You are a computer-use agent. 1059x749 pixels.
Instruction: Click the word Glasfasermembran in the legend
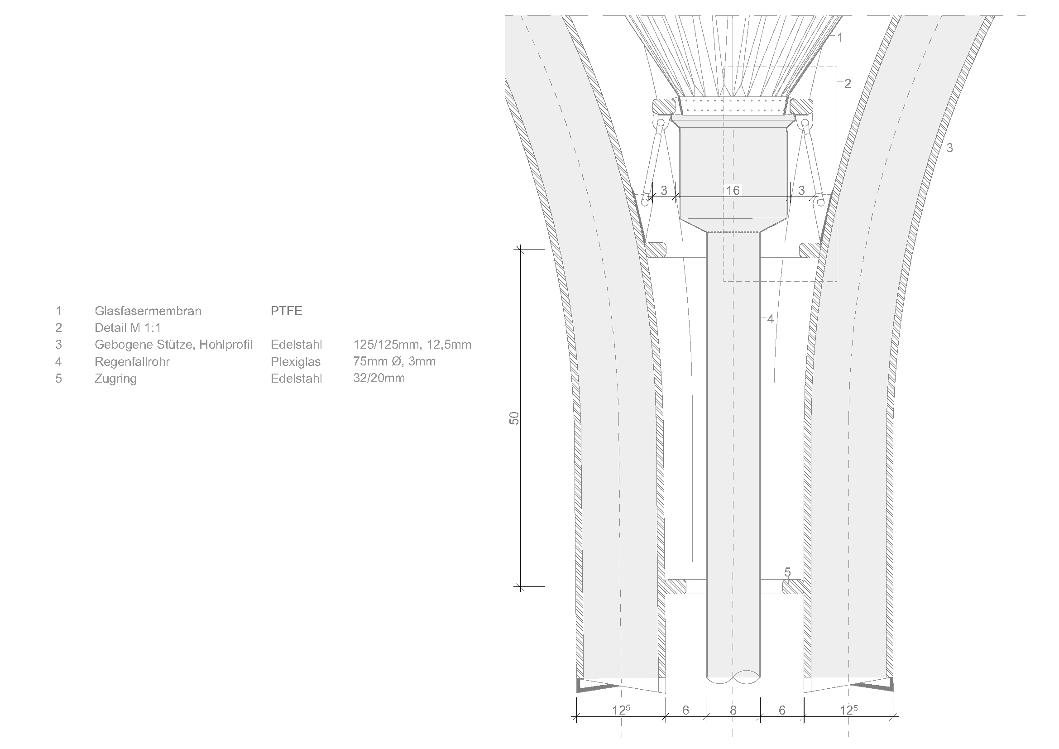[x=148, y=311]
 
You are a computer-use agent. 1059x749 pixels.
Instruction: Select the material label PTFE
[x=287, y=311]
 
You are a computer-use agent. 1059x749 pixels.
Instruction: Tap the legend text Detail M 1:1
[x=128, y=328]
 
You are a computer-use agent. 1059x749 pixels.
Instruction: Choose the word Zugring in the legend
[x=116, y=379]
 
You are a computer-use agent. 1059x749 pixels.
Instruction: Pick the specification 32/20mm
[x=379, y=378]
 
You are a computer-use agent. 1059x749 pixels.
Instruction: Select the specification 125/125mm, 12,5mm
[x=412, y=345]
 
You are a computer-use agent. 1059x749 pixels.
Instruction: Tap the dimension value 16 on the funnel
[x=733, y=190]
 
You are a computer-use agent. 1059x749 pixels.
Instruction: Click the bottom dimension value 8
[x=733, y=710]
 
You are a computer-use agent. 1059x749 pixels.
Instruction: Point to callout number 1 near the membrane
[x=840, y=37]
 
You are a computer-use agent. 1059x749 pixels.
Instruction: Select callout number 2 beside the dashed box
[x=847, y=83]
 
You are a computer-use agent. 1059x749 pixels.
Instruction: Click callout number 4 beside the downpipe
[x=770, y=319]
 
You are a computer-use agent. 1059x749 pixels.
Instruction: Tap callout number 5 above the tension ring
[x=787, y=572]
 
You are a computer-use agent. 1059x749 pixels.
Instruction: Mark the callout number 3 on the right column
[x=949, y=148]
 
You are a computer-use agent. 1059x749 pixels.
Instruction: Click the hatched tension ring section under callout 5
[x=792, y=586]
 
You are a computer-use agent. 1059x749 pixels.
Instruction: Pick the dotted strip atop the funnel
[x=733, y=105]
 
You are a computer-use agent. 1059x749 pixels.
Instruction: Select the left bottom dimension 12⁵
[x=621, y=710]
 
